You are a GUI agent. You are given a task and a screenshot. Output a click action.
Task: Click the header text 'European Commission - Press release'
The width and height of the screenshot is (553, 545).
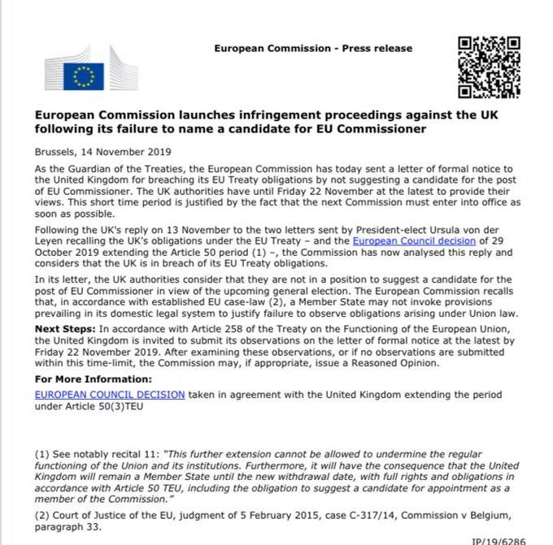click(x=313, y=49)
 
